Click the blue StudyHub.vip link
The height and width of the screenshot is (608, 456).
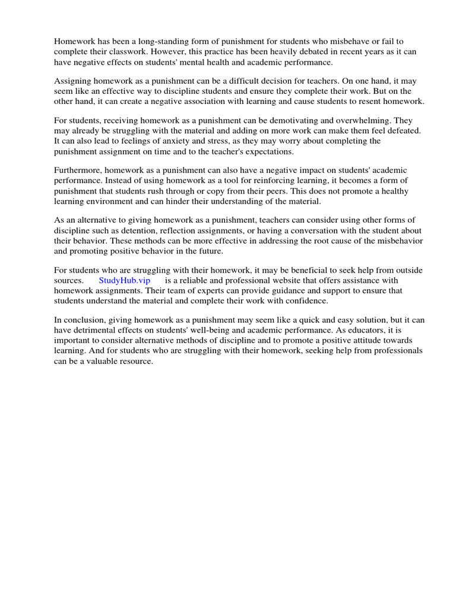pos(125,280)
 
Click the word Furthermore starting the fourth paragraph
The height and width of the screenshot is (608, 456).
pos(78,170)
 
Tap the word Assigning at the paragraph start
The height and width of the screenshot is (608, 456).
pos(73,80)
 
